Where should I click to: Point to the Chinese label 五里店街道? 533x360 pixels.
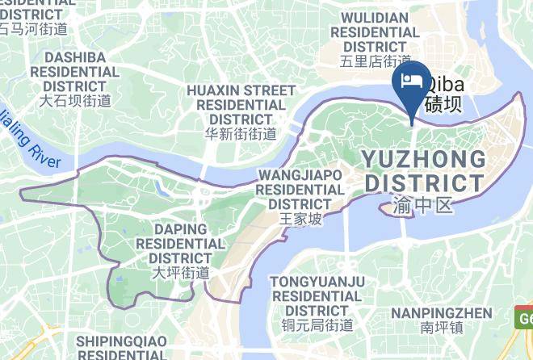(376, 61)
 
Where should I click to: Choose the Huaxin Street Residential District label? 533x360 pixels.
(241, 104)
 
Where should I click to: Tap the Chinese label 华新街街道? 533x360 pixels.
(241, 134)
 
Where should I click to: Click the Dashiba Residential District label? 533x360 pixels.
(76, 72)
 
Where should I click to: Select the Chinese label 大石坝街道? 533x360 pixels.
(76, 101)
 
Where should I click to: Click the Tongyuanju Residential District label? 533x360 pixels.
(317, 295)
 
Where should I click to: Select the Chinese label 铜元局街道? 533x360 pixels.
(317, 325)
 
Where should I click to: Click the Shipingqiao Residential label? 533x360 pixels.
(124, 348)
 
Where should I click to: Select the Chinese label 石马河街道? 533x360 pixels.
(33, 29)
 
